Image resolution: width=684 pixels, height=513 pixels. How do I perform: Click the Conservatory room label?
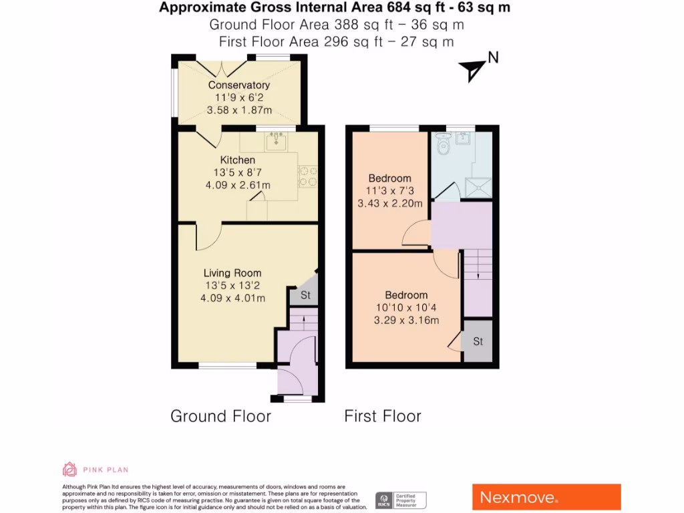[238, 85]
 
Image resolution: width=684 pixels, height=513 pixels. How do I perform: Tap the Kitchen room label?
[238, 160]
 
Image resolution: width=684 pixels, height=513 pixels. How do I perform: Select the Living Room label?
[232, 273]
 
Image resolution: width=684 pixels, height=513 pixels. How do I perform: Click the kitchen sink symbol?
[276, 141]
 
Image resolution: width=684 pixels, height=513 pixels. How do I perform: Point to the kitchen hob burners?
[307, 176]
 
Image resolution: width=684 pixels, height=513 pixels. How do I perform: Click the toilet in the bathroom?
[442, 144]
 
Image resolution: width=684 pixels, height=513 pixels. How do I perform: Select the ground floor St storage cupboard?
[305, 295]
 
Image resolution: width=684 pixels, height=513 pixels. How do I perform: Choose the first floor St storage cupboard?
[478, 341]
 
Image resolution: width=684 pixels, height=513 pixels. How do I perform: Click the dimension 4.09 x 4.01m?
[232, 298]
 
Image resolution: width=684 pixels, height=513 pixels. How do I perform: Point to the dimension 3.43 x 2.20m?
[389, 203]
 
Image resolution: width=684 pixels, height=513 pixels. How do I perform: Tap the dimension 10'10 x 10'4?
[406, 307]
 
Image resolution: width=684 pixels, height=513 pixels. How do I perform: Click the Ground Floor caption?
[220, 416]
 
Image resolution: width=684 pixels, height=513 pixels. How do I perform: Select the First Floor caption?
[383, 416]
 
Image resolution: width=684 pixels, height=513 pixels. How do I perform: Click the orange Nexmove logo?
[546, 497]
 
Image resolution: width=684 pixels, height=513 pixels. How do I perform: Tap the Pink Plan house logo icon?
[69, 469]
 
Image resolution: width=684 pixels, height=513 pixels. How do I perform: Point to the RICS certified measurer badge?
[401, 500]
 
